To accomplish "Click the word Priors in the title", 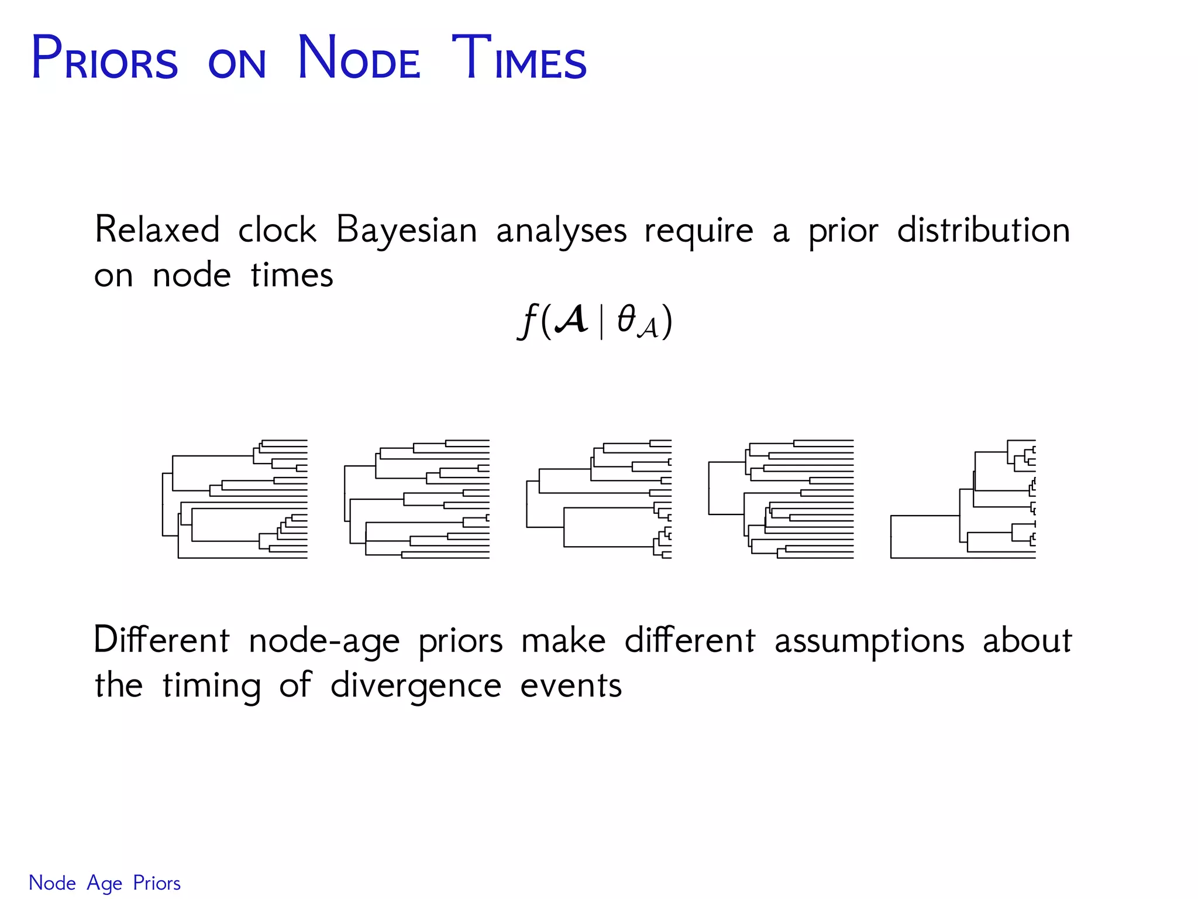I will click(105, 59).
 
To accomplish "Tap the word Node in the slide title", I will click(359, 59).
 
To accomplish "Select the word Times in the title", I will click(519, 59).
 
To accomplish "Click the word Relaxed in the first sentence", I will click(157, 229).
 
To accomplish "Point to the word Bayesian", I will click(407, 231).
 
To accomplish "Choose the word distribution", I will click(983, 229).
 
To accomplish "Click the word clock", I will click(277, 229).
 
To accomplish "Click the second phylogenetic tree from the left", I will click(417, 499).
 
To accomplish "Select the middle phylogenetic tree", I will click(599, 499).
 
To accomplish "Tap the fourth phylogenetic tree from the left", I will click(781, 499).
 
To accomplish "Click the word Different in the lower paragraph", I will click(161, 640).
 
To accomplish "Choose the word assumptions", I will click(869, 641).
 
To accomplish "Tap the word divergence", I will click(416, 686).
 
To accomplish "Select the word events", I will click(571, 686).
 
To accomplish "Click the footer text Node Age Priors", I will click(105, 883).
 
